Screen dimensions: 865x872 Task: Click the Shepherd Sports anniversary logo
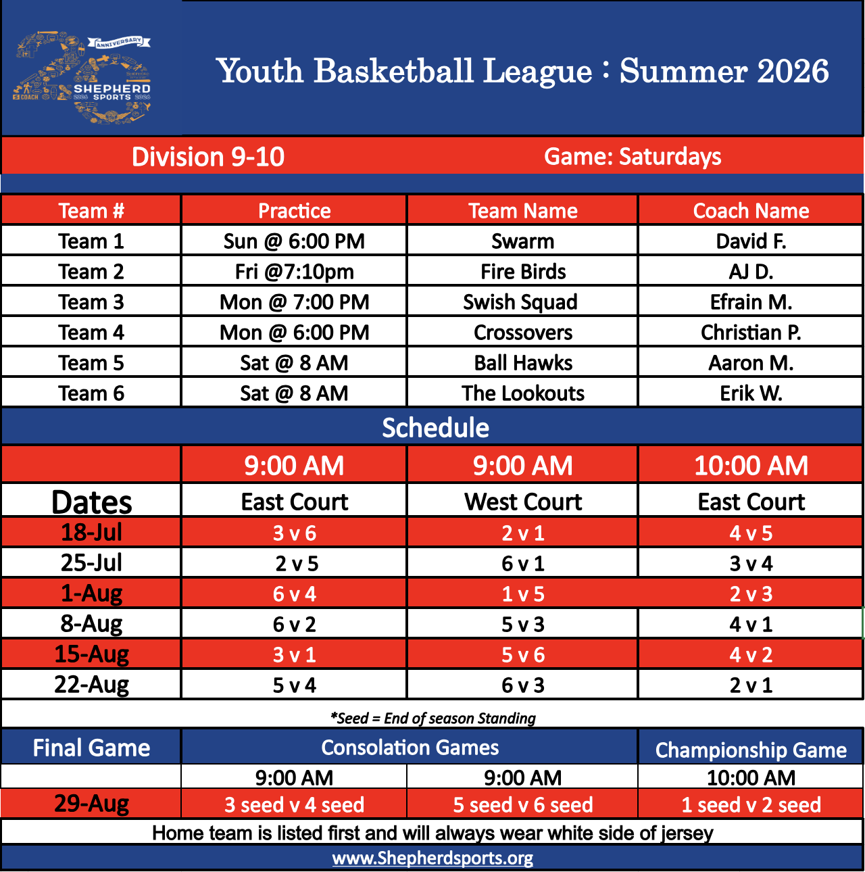click(x=82, y=78)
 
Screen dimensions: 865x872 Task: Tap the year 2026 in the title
click(x=793, y=71)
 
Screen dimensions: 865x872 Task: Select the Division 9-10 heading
click(x=207, y=157)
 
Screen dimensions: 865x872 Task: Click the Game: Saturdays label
click(x=632, y=157)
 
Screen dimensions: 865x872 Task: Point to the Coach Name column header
click(x=751, y=211)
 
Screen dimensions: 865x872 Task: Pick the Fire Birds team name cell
click(x=523, y=272)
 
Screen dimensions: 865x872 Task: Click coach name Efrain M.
click(x=751, y=302)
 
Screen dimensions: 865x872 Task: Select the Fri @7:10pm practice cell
click(x=294, y=272)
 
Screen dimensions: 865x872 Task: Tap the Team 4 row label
click(x=91, y=333)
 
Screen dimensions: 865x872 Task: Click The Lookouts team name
click(x=523, y=393)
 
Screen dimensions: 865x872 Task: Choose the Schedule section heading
click(x=435, y=428)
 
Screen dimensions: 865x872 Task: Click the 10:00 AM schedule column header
click(x=751, y=466)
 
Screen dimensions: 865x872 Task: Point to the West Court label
click(x=523, y=502)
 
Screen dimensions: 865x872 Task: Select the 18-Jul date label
click(x=91, y=532)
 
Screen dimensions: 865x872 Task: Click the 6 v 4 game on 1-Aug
click(x=294, y=594)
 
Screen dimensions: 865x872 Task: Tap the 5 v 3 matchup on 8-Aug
click(x=523, y=625)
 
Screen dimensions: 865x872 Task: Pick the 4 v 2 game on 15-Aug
click(x=751, y=655)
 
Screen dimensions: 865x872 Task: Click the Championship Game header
click(x=751, y=750)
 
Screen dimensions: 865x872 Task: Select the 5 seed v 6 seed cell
click(x=523, y=805)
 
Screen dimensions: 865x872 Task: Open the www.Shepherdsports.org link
click(x=432, y=858)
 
